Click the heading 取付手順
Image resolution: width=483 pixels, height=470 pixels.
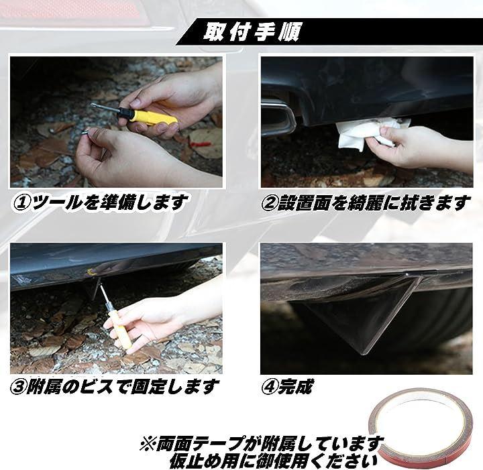251,32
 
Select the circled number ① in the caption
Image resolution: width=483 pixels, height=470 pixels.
21,203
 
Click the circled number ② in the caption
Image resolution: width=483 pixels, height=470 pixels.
269,203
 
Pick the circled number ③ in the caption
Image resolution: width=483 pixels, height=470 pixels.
18,388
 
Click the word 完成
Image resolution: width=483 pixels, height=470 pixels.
296,387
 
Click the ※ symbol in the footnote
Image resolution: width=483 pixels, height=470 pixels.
148,444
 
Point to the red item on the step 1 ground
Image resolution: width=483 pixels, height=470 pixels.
200,143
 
